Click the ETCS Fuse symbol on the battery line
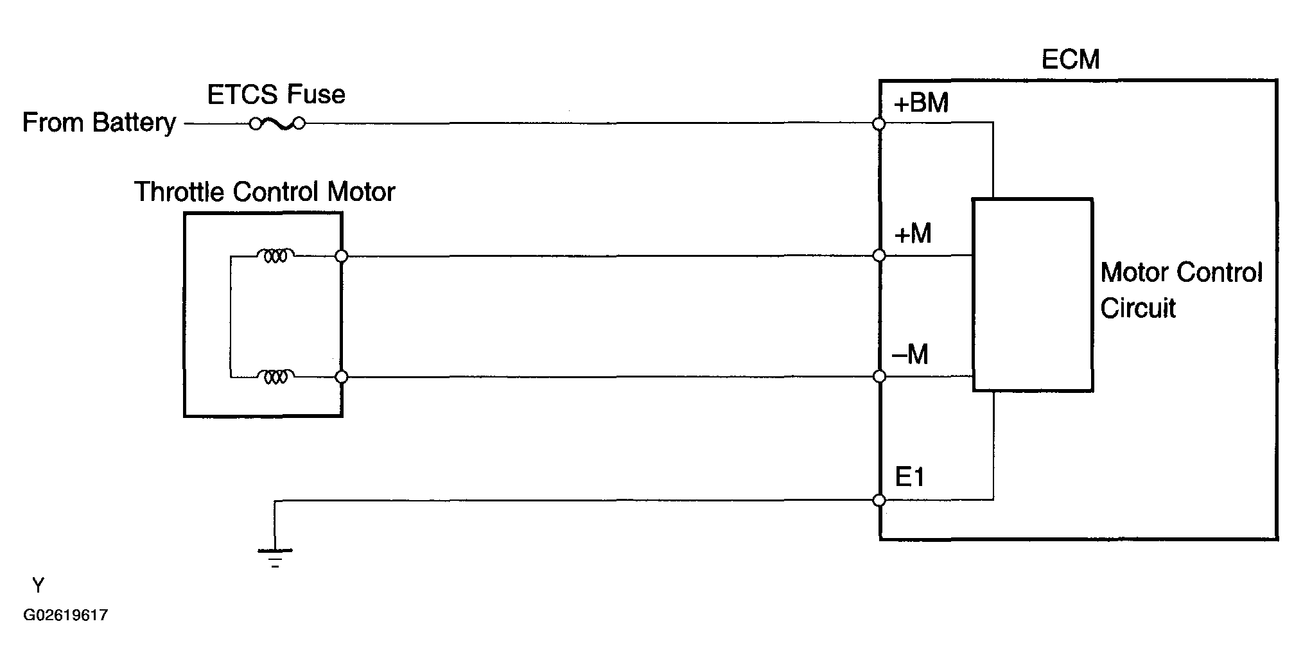pos(277,123)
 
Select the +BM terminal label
pos(920,103)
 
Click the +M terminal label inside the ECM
pos(912,234)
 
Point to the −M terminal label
pos(911,354)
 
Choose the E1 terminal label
pos(909,477)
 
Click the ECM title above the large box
pos(1070,60)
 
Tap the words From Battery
pos(99,122)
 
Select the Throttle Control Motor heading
pos(264,192)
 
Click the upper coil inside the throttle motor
pos(275,256)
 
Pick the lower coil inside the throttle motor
pos(275,376)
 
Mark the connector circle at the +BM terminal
pos(880,123)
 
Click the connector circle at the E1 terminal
pos(880,500)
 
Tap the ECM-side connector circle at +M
pos(880,256)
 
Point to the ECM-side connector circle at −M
pos(880,377)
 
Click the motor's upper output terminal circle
pos(342,256)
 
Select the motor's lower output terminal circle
pos(342,377)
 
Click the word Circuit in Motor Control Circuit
pos(1137,308)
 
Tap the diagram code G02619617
pos(66,615)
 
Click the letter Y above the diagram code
pos(39,586)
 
